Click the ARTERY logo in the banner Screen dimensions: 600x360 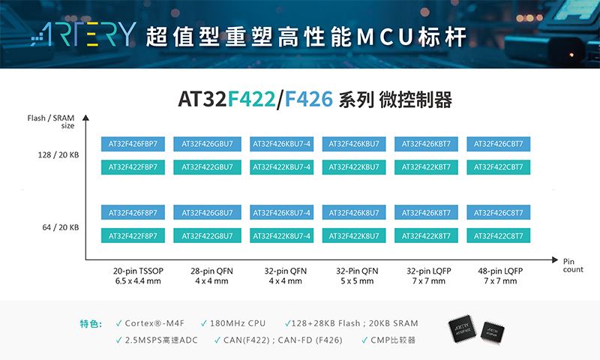83,34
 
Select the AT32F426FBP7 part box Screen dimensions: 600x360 133,144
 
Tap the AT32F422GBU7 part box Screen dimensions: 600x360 207,167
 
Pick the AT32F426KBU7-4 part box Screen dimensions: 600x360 282,144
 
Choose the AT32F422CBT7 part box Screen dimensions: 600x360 498,167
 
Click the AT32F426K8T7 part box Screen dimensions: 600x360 426,212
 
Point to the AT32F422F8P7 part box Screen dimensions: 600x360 133,235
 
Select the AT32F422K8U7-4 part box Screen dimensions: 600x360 282,235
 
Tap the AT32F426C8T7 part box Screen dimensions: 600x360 498,212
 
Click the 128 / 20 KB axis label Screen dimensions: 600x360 58,155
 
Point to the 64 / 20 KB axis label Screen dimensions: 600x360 61,227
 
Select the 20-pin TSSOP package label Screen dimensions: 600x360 138,276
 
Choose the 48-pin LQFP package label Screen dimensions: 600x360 500,276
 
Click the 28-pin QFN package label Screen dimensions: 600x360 211,276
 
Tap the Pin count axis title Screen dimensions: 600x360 573,265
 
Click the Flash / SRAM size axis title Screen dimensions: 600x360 51,121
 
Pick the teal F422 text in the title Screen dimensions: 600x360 251,99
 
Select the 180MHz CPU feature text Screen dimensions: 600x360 238,323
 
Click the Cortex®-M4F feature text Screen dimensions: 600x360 154,323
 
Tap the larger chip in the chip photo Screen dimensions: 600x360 462,328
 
